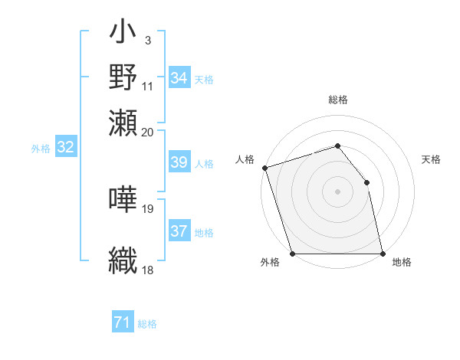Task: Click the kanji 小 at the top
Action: (x=123, y=34)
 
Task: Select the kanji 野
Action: (x=123, y=77)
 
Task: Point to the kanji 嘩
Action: (x=123, y=199)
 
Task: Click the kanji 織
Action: (x=123, y=260)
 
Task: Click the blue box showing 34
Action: (x=179, y=78)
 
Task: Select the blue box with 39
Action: (x=179, y=162)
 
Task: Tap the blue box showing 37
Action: (x=179, y=231)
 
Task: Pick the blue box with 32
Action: (x=65, y=148)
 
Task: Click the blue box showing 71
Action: (x=123, y=323)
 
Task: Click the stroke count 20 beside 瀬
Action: (x=148, y=131)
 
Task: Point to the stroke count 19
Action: (x=148, y=208)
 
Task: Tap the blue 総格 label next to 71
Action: (x=147, y=324)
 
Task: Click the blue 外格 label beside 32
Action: (x=41, y=149)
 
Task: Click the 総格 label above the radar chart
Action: (x=338, y=100)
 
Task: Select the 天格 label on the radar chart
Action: (x=431, y=159)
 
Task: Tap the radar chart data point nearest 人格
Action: (x=264, y=168)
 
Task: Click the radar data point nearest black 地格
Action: (x=383, y=254)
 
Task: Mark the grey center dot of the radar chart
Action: (x=338, y=191)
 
